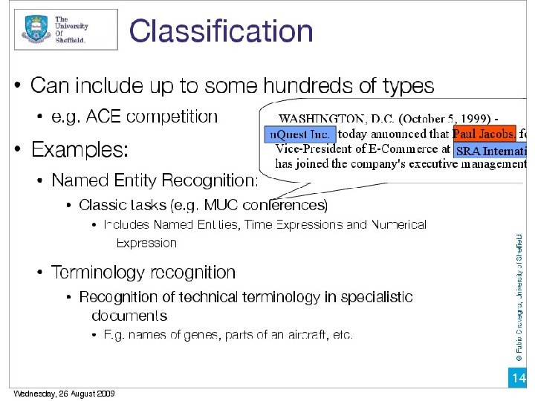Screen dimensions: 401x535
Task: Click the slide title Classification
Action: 221,32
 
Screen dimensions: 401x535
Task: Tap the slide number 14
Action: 518,379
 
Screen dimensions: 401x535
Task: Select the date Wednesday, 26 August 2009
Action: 64,394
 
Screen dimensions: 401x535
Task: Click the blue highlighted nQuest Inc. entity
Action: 300,134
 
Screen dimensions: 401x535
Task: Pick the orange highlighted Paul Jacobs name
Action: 484,134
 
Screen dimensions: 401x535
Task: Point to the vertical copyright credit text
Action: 519,297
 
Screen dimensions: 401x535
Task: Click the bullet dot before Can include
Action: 18,87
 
